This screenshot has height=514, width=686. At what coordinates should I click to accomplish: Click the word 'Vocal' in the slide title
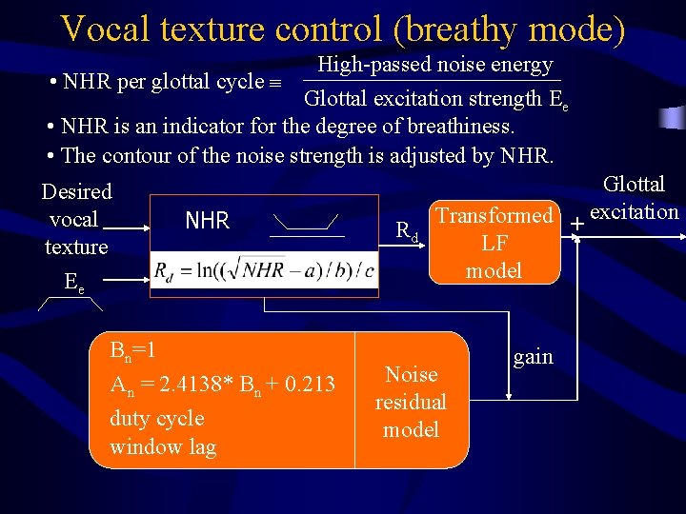point(105,29)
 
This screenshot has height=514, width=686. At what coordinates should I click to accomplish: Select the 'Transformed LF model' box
point(494,242)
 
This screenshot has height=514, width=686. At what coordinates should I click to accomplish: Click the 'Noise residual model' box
point(411,402)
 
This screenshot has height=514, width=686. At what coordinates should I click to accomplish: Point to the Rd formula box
point(263,271)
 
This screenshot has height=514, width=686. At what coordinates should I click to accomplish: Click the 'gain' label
point(533,357)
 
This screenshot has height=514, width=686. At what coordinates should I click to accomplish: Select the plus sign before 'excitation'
point(576,224)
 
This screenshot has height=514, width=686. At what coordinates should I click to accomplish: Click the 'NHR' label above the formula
point(207,221)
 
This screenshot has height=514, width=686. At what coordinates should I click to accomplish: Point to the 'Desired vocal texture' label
point(76,219)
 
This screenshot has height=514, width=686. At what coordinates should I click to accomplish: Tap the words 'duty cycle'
point(156,418)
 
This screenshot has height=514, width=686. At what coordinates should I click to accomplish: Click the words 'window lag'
point(162,446)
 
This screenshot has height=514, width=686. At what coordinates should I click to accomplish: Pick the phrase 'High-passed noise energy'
point(434,65)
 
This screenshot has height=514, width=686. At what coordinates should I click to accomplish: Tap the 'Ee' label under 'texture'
point(72,282)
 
